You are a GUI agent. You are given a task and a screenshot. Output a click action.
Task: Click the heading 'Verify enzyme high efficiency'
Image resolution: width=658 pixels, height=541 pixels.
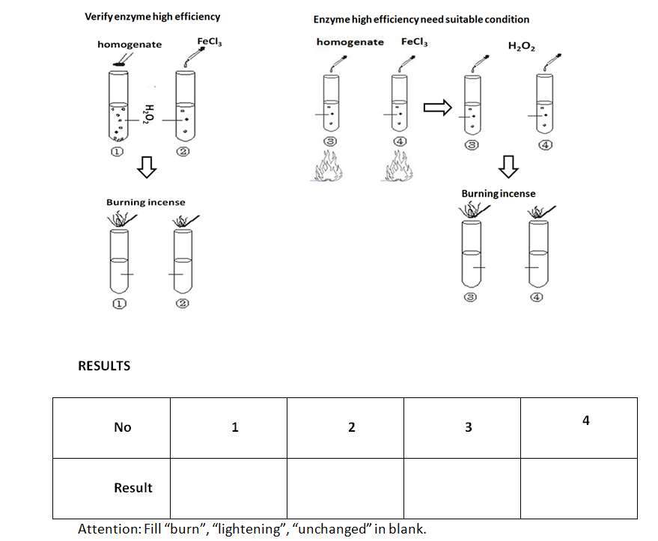tap(153, 16)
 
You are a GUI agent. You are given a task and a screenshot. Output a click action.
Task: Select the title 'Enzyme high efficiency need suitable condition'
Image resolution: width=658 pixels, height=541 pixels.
tap(421, 19)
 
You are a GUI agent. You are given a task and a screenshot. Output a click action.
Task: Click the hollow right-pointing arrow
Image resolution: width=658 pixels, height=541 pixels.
tap(438, 109)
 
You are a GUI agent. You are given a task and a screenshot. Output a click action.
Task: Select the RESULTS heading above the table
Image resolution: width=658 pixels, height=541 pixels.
tap(104, 366)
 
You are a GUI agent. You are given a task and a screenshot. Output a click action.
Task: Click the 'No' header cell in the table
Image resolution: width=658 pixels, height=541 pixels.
tap(122, 427)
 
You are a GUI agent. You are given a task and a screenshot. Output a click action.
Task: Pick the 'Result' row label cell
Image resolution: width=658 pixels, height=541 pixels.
tap(132, 488)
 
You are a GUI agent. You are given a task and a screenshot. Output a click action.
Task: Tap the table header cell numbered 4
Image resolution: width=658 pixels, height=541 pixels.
tap(585, 421)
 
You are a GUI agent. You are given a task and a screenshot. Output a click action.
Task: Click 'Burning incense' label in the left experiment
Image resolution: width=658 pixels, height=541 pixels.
tap(145, 202)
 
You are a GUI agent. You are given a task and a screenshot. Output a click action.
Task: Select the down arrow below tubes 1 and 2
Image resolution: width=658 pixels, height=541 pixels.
tap(147, 171)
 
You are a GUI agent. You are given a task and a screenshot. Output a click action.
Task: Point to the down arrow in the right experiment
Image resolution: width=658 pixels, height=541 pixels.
tap(508, 166)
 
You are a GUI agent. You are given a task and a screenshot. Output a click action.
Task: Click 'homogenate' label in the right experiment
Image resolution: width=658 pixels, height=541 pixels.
tap(350, 43)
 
